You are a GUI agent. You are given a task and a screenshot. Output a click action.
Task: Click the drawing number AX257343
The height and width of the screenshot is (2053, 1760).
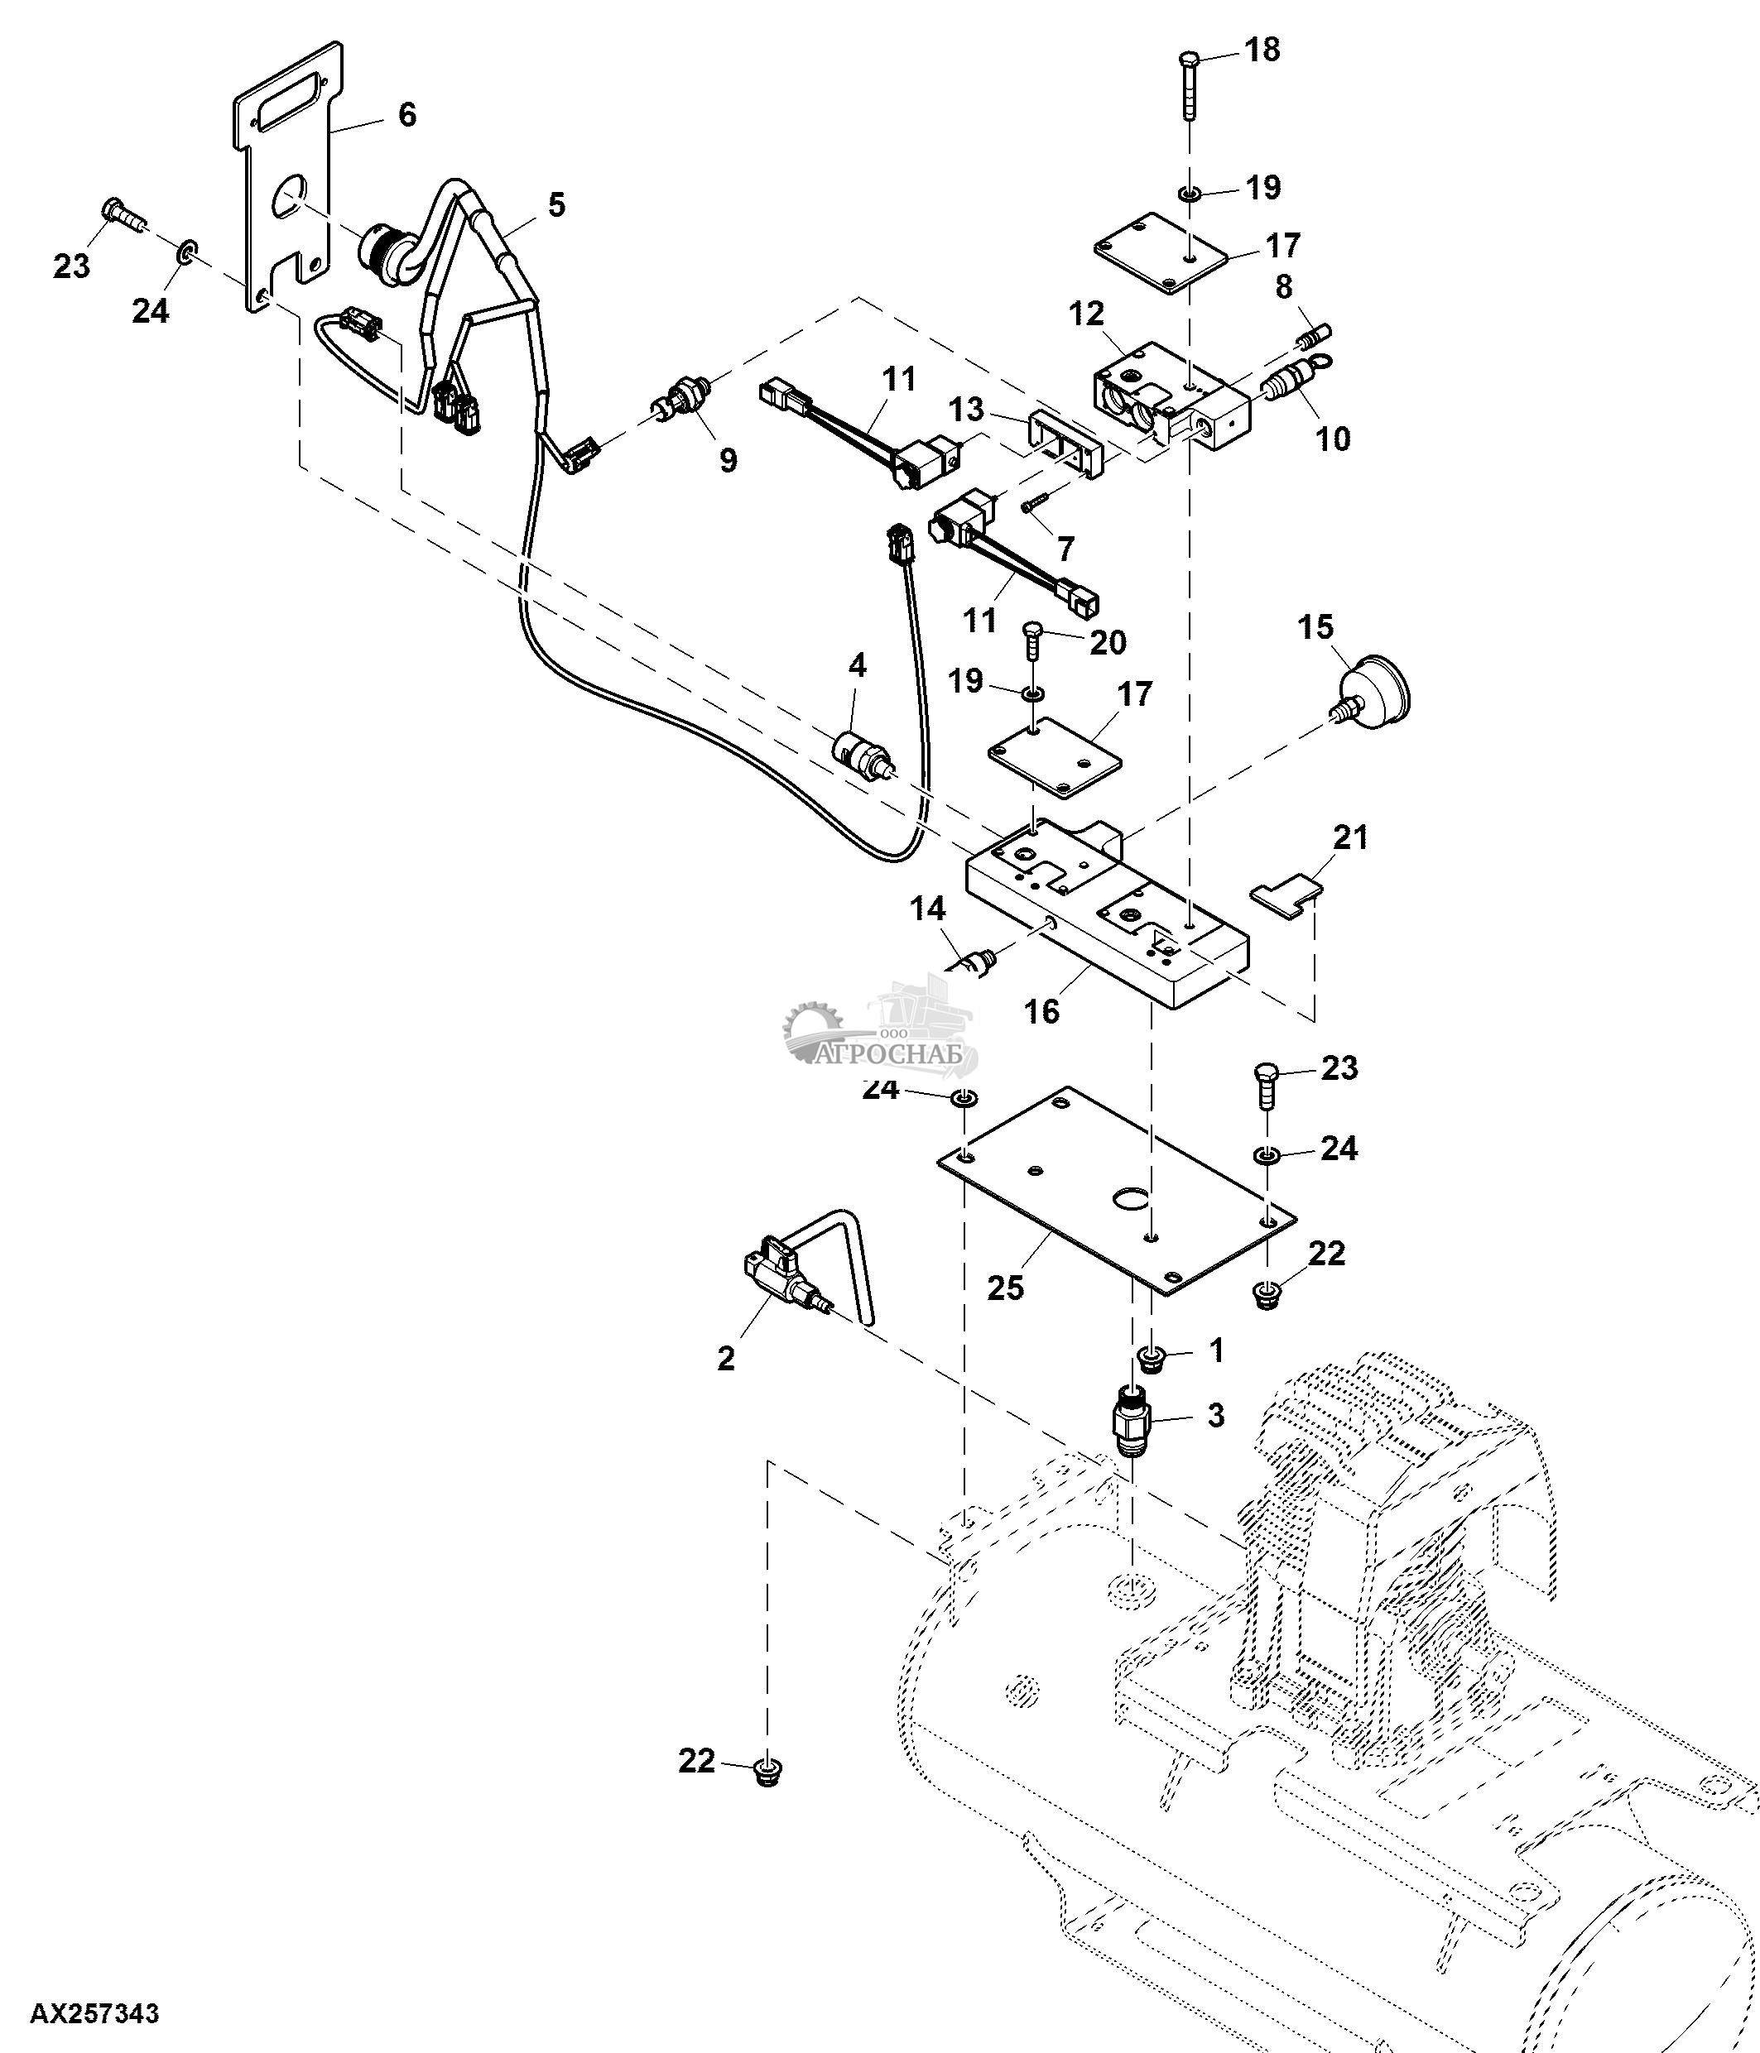(x=94, y=2013)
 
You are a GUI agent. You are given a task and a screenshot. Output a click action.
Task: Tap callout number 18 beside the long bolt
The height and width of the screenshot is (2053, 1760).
(x=1262, y=50)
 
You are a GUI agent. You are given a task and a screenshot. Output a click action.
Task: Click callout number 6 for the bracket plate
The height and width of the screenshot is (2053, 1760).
(x=406, y=115)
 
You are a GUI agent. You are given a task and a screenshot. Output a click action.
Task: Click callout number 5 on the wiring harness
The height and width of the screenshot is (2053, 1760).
(x=556, y=205)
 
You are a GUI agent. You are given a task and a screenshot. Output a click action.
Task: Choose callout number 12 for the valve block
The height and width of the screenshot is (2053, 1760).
(x=1086, y=314)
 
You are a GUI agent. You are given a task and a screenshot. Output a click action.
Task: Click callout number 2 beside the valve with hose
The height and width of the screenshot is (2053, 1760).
(x=726, y=1357)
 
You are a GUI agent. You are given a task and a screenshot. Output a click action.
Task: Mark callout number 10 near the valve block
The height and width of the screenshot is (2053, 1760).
(x=1334, y=438)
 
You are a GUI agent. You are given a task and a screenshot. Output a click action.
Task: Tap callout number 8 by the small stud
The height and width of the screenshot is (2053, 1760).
(x=1283, y=287)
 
